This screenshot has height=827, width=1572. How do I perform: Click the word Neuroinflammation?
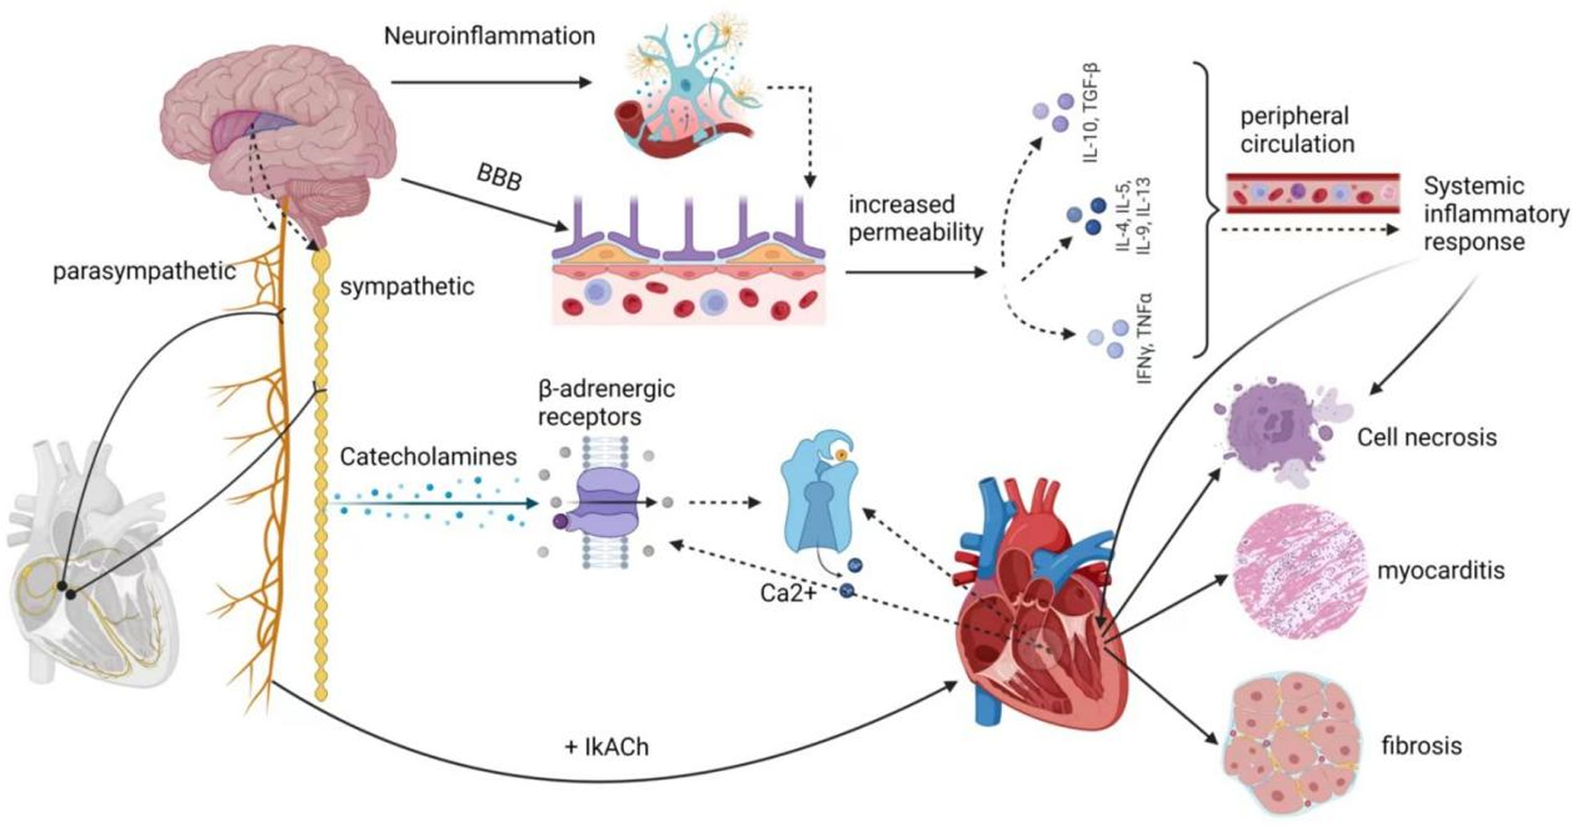tap(489, 36)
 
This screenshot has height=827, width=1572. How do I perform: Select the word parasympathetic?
tap(144, 271)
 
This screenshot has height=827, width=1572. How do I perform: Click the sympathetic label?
tap(407, 286)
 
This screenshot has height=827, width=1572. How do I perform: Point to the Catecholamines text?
tap(428, 457)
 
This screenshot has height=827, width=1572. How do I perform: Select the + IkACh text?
tap(606, 747)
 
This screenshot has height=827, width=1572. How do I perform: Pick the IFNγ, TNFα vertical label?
tap(1144, 338)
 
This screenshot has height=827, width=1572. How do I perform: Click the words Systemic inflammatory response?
tap(1495, 214)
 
